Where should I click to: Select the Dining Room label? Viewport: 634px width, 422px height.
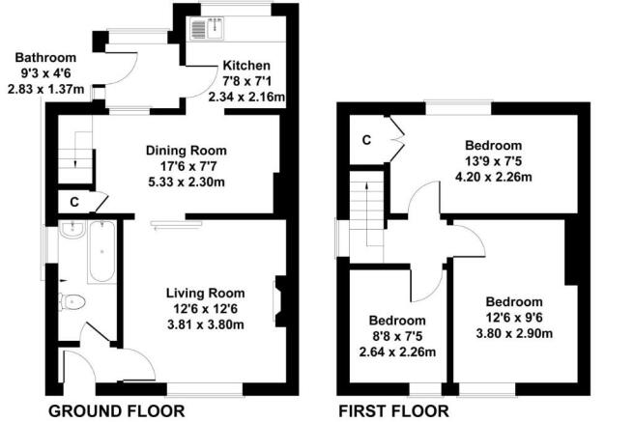(x=186, y=150)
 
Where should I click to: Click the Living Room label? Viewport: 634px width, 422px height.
(x=205, y=293)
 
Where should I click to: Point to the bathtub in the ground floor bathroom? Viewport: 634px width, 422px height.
(x=101, y=251)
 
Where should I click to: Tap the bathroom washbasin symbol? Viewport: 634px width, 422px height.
(x=70, y=230)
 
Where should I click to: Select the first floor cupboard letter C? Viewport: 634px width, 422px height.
(x=366, y=140)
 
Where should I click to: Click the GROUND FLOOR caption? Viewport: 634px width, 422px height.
(x=116, y=410)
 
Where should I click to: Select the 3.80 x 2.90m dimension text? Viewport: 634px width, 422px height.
(x=514, y=333)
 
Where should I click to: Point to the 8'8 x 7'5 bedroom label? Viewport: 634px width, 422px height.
(x=397, y=336)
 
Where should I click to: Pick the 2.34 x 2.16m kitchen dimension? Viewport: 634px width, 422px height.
(x=248, y=97)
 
